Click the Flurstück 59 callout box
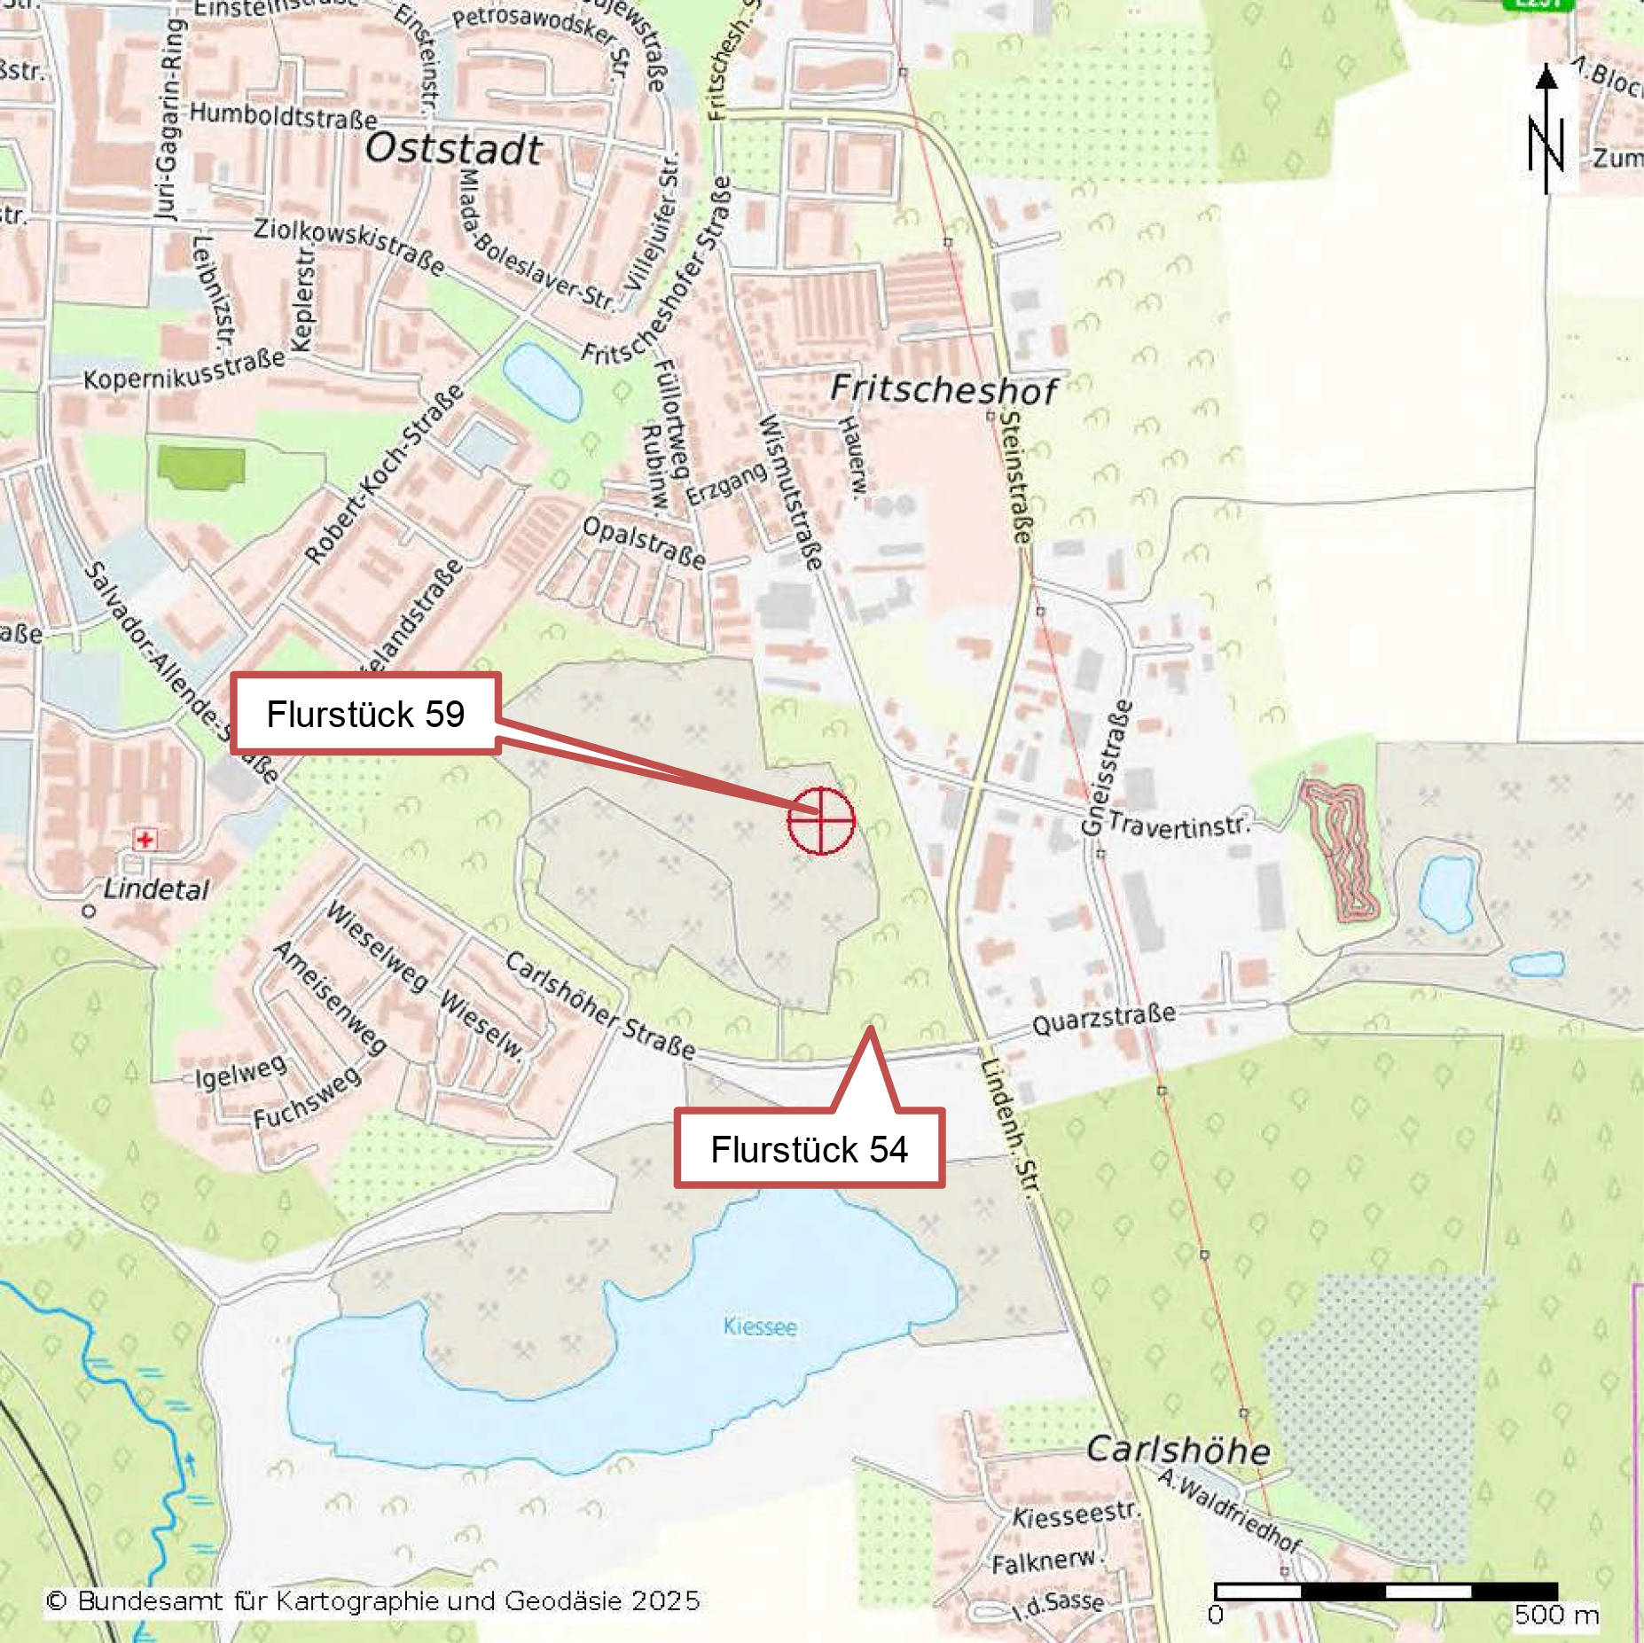pyautogui.click(x=365, y=714)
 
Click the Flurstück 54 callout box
pyautogui.click(x=809, y=1149)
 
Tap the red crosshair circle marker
pyautogui.click(x=821, y=820)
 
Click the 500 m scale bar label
pyautogui.click(x=1555, y=1615)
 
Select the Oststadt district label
pyautogui.click(x=453, y=149)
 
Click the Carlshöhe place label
pyautogui.click(x=1178, y=1451)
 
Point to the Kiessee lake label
pyautogui.click(x=760, y=1326)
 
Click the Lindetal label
pyautogui.click(x=156, y=889)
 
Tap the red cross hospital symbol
pyautogui.click(x=145, y=839)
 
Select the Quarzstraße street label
pyautogui.click(x=1104, y=1020)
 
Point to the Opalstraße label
pyautogui.click(x=644, y=542)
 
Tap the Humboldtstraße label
pyautogui.click(x=283, y=114)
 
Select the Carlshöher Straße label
pyautogui.click(x=600, y=1005)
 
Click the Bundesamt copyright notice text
pyautogui.click(x=372, y=1600)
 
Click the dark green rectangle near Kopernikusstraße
pyautogui.click(x=200, y=466)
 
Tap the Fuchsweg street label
pyautogui.click(x=307, y=1097)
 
